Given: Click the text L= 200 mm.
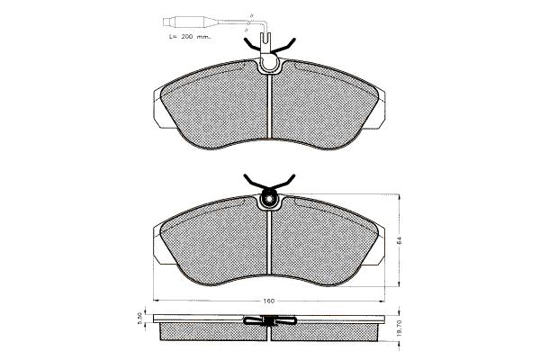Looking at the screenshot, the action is click(190, 37).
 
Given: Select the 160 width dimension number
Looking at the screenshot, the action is click(268, 301).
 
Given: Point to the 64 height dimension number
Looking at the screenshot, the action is click(400, 240).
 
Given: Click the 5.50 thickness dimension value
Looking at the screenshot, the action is click(139, 318).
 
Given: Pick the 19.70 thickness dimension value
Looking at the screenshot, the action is click(400, 329).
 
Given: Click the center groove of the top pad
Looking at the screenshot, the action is click(269, 106).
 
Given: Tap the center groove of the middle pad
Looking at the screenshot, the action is click(269, 243).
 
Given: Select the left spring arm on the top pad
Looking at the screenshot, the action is click(252, 46).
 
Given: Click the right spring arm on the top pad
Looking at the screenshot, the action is click(285, 46).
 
